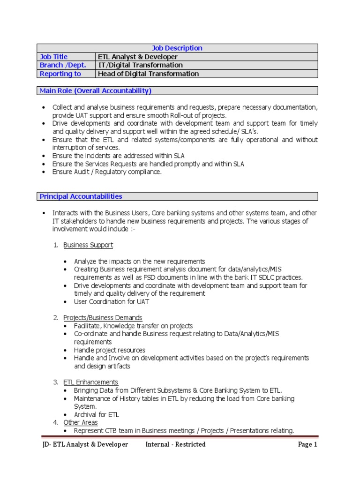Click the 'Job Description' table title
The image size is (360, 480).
coord(177,48)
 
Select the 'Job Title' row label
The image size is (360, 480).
coord(54,57)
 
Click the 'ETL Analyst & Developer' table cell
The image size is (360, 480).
coord(138,57)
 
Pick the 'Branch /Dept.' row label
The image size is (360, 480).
coord(63,65)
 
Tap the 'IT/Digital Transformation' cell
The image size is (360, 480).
coord(140,65)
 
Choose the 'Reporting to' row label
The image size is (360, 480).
coord(60,74)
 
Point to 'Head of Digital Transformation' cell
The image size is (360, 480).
coord(148,74)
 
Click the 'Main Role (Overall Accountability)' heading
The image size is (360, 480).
coord(96,90)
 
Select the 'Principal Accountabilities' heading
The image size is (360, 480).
coord(81,196)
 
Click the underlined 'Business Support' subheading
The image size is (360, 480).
coord(88,245)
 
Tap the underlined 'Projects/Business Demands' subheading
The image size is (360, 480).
coord(103,317)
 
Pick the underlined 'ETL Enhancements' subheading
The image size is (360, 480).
coord(91,382)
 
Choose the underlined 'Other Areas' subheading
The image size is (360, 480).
coord(81,422)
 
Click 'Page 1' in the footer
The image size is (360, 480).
coord(307,444)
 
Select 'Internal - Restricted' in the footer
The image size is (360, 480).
coord(175,444)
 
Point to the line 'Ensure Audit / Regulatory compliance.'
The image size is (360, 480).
coord(107,172)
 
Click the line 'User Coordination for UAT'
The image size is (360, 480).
coord(112,301)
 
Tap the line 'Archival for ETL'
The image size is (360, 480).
coord(97,414)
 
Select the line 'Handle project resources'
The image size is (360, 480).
coord(110,350)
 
